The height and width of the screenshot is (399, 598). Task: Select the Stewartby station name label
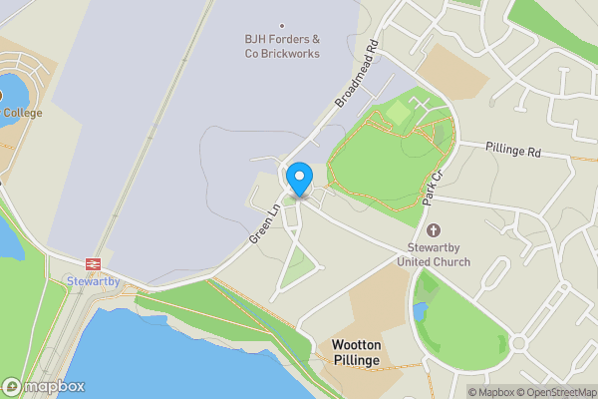click(94, 282)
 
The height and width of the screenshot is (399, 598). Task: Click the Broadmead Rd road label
click(359, 75)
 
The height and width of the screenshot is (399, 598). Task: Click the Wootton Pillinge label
click(357, 351)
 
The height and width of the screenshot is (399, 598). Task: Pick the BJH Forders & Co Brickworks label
click(282, 46)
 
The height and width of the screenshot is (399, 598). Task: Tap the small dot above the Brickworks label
click(282, 26)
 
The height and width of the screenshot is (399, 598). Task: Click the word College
click(22, 113)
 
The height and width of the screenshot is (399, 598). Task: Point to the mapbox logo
click(44, 387)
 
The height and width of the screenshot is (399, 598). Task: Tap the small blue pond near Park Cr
click(419, 312)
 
